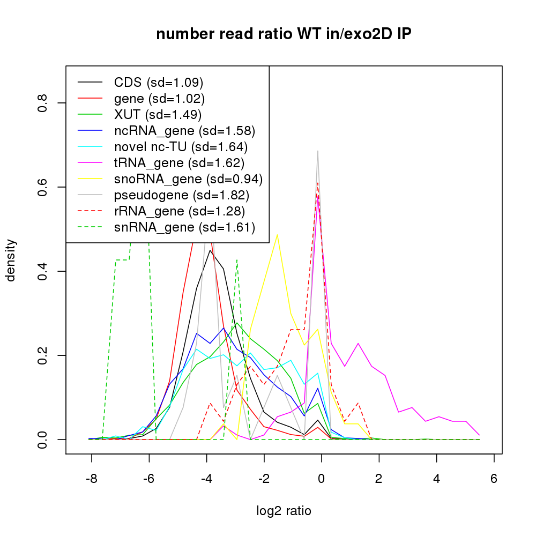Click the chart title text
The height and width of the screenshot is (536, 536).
pos(284,34)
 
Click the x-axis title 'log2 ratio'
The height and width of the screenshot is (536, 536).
pos(284,511)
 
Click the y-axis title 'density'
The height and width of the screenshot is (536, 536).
pos(10,260)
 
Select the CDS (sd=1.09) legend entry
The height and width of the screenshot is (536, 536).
pos(159,83)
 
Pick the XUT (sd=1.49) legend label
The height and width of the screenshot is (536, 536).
pos(158,115)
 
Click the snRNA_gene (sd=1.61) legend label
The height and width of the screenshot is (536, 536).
pos(184,227)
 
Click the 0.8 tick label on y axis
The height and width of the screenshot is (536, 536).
pos(43,103)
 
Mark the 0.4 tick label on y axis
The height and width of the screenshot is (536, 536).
pos(43,271)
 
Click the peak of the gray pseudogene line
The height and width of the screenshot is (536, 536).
pos(318,151)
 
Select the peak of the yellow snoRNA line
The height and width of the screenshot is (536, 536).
pos(277,235)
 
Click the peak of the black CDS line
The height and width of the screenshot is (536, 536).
pos(210,250)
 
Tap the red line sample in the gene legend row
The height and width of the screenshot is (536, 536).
pos(90,99)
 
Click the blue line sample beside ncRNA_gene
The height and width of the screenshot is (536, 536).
pos(90,131)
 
